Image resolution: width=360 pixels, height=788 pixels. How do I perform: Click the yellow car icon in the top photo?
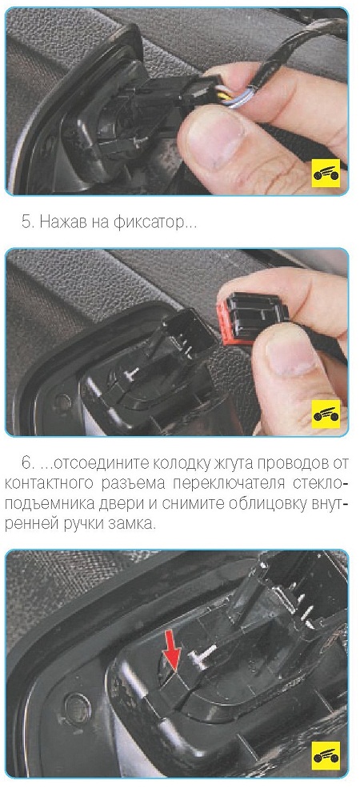click(326, 173)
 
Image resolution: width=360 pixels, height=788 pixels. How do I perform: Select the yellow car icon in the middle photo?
click(326, 414)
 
